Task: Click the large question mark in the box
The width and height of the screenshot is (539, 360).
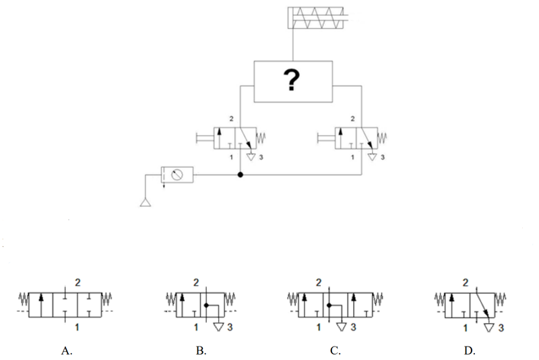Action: click(292, 80)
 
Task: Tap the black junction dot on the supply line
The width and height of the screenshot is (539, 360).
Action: click(241, 175)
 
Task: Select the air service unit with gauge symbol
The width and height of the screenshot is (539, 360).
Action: click(177, 175)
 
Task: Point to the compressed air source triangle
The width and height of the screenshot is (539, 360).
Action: click(146, 203)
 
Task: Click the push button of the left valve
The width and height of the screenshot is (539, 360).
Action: click(205, 138)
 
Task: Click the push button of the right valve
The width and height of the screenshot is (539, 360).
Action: click(326, 138)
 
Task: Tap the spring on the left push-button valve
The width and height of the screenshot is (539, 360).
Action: click(261, 138)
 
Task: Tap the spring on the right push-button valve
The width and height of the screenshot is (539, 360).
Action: click(382, 138)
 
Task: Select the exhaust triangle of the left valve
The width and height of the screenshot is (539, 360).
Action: click(251, 157)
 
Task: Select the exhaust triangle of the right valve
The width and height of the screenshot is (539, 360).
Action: click(373, 157)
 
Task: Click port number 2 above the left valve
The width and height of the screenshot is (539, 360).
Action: click(231, 119)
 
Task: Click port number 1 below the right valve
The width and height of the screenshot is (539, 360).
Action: click(352, 157)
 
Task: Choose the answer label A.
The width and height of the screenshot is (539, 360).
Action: click(67, 351)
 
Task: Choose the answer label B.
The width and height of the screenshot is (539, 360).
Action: click(201, 351)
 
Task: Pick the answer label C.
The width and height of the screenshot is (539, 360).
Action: click(336, 351)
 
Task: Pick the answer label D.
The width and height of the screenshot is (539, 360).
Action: click(470, 351)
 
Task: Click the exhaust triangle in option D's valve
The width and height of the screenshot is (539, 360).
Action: click(489, 328)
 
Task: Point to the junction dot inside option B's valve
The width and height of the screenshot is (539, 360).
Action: click(206, 305)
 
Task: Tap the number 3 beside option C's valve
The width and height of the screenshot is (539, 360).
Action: click(353, 327)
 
